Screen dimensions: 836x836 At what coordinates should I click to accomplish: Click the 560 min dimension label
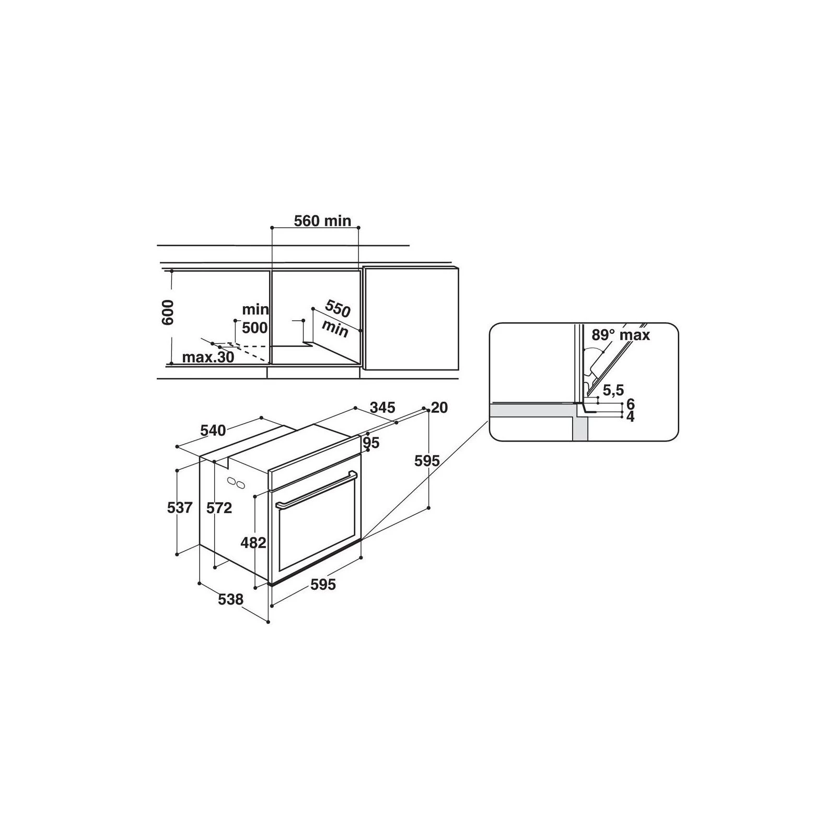click(x=322, y=221)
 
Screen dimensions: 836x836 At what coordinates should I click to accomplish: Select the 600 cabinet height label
click(x=167, y=312)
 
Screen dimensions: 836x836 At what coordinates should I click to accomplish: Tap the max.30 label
click(x=208, y=358)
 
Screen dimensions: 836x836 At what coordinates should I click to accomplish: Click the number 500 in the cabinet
click(x=254, y=328)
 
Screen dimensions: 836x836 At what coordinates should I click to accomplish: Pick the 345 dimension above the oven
click(x=382, y=407)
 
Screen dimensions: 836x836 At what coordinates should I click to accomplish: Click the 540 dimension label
click(x=213, y=430)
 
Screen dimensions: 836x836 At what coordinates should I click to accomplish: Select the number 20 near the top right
click(x=439, y=408)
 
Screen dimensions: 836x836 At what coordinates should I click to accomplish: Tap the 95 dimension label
click(x=371, y=443)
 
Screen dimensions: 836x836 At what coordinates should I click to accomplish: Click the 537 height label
click(x=180, y=507)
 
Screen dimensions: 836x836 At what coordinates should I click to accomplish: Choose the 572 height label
click(x=219, y=507)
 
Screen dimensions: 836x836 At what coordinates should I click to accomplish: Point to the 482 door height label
click(x=253, y=543)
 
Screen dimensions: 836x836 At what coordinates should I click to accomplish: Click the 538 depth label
click(x=230, y=599)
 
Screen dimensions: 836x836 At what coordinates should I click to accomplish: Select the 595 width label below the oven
click(x=323, y=585)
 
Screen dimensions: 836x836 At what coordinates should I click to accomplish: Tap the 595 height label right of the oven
click(x=427, y=461)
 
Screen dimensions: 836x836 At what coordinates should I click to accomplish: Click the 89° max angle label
click(x=621, y=335)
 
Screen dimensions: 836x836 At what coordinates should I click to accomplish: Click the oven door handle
click(x=316, y=490)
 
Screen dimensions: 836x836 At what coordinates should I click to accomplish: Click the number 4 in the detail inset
click(x=630, y=417)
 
